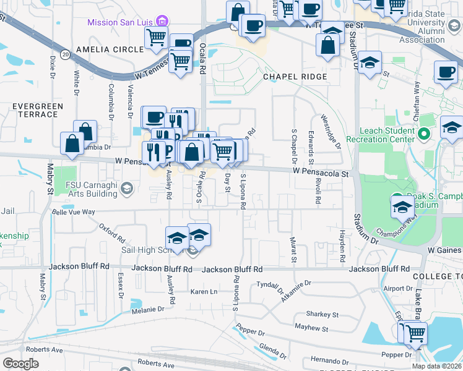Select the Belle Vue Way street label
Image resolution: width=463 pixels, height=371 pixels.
coord(74,211)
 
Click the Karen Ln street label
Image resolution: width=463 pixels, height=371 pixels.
coord(204,291)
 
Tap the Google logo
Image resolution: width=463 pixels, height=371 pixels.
coord(20,364)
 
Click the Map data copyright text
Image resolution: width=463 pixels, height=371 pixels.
coord(437,366)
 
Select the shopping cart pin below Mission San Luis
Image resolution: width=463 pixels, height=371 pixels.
coord(157,38)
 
